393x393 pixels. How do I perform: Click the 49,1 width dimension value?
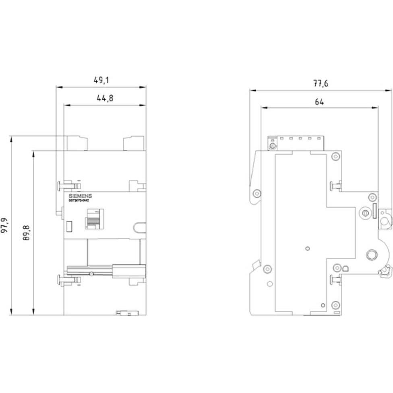(101, 80)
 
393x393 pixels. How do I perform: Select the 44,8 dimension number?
(104, 98)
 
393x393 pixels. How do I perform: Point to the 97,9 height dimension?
(5, 226)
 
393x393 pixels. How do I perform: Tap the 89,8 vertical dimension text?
(27, 233)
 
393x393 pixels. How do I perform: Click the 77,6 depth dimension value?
(321, 84)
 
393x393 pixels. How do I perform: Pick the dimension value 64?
(319, 102)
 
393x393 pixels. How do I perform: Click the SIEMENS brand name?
(80, 196)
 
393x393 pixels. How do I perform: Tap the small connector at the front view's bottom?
(126, 312)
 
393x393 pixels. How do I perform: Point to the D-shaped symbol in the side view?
(346, 268)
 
